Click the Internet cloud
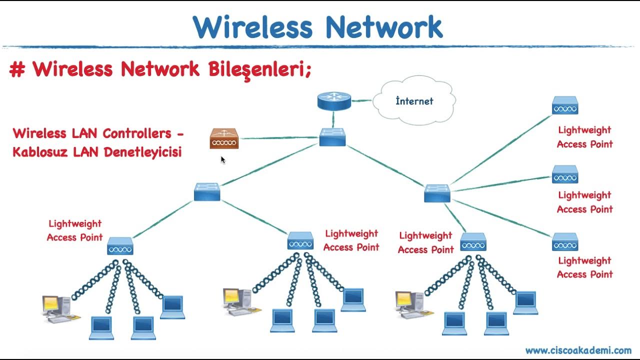tap(414, 101)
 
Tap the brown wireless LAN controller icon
tap(224, 138)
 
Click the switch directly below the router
tap(332, 137)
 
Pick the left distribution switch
tap(207, 192)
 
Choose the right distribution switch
tap(437, 193)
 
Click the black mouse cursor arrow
tap(223, 159)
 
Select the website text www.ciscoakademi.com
tap(578, 350)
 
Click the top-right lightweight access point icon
tap(565, 106)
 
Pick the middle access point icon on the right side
tap(565, 175)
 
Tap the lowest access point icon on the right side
tap(565, 242)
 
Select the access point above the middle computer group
tap(300, 241)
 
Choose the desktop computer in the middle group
tap(238, 301)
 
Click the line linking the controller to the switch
tap(279, 138)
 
